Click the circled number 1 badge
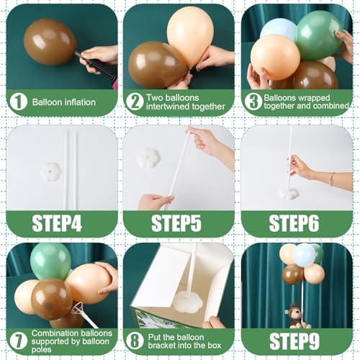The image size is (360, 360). coord(18,102)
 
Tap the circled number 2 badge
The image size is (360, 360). coord(135,102)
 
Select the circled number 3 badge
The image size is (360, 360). coord(253,102)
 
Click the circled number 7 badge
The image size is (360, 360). coord(18,341)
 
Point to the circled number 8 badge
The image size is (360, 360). coord(135,341)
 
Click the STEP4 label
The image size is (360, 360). coord(57,224)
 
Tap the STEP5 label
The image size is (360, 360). coord(176,224)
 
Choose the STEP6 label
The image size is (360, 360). coord(294,224)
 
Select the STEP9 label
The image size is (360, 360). coord(294,341)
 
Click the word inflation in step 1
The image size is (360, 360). coord(79,102)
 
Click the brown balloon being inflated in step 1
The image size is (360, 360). coord(50,42)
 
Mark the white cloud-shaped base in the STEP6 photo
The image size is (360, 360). coord(289,194)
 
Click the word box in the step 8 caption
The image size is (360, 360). coord(213,346)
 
